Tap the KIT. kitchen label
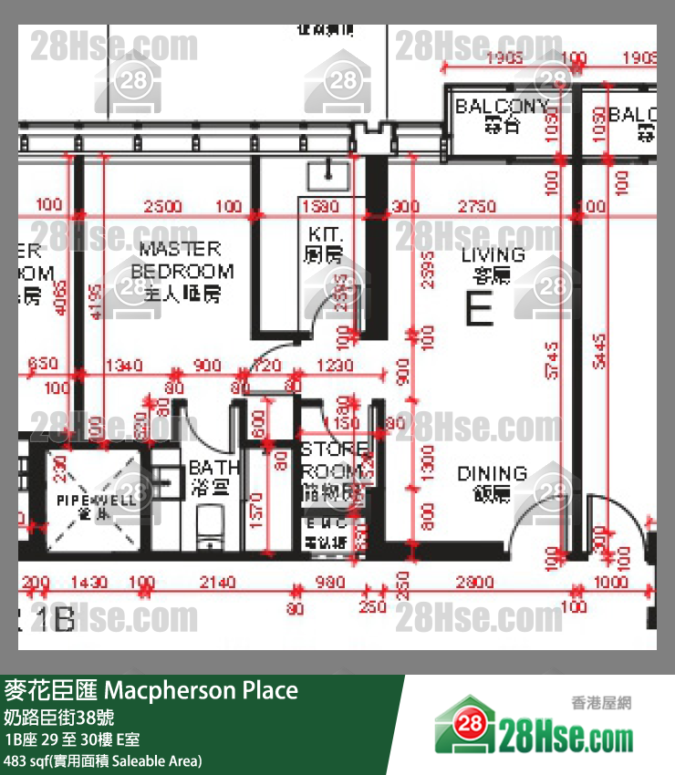click(x=323, y=244)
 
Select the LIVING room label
click(x=493, y=263)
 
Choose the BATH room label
click(x=215, y=477)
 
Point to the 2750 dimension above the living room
click(x=477, y=207)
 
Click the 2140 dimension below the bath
click(x=217, y=583)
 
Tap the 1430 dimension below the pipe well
click(x=88, y=583)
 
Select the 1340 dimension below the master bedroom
click(x=124, y=366)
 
